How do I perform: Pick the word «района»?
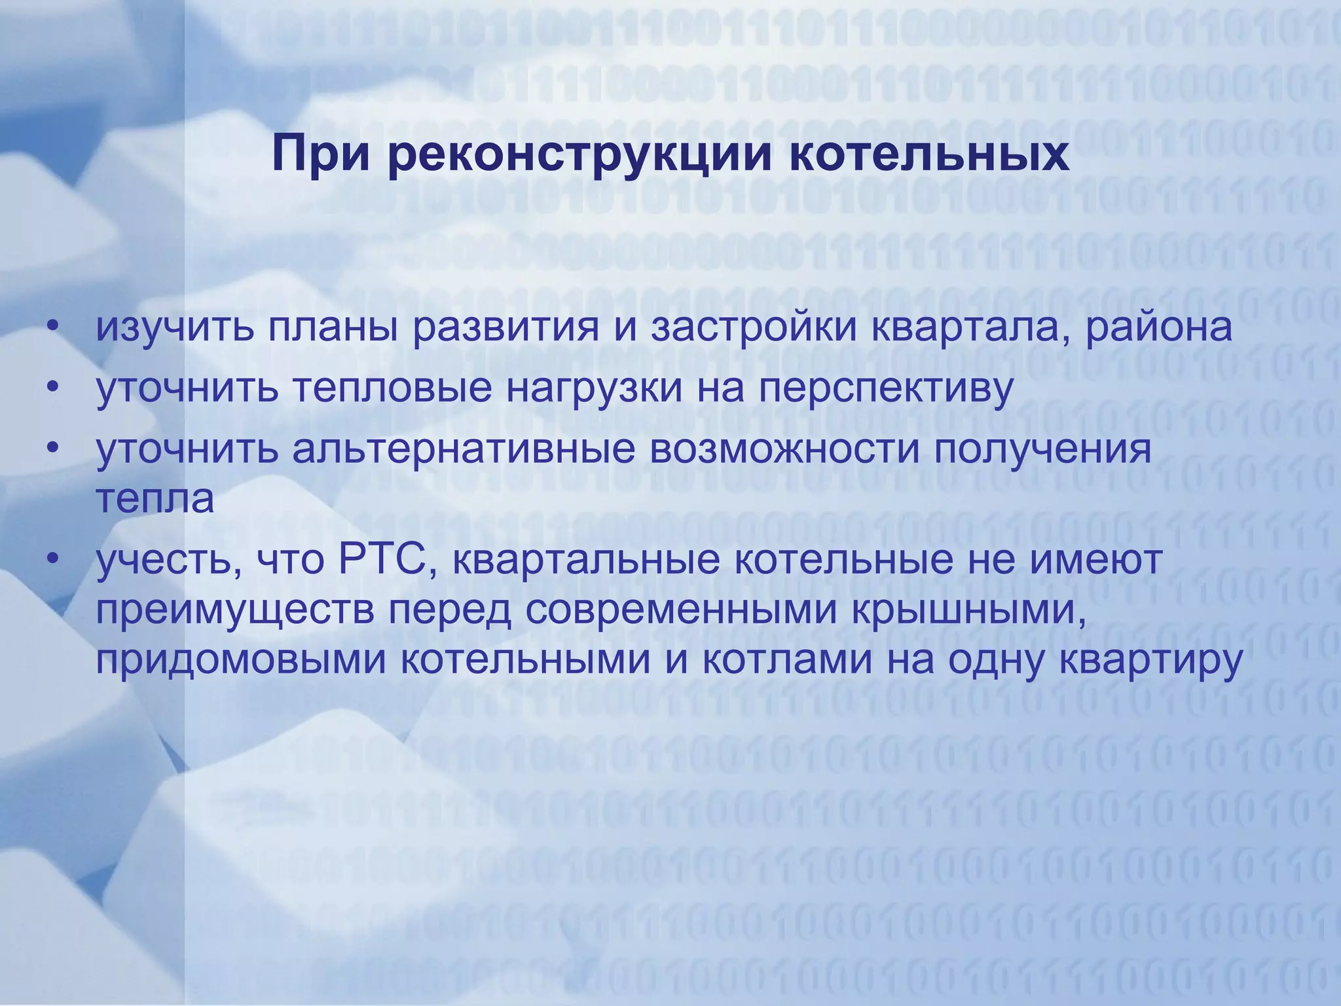(1159, 328)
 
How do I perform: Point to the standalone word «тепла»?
(155, 499)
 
